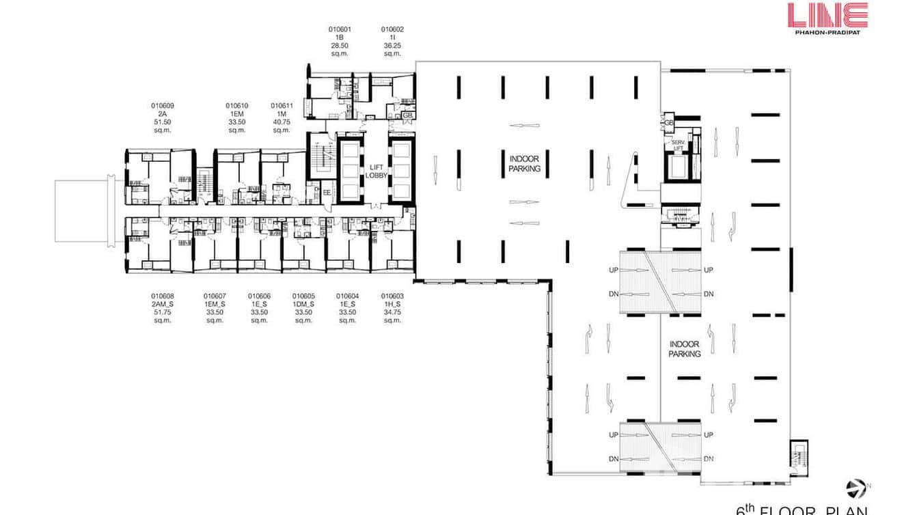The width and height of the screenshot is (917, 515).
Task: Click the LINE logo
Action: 827,15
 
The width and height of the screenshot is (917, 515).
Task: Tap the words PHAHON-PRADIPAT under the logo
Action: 827,32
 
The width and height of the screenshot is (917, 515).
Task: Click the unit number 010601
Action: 340,29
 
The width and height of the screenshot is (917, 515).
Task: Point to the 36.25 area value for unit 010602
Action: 392,45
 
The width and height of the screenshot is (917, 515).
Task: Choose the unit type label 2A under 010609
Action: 162,113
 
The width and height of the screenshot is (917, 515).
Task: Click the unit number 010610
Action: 237,106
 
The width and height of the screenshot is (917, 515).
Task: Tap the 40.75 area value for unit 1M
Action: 282,122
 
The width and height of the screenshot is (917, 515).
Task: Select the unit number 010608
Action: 162,296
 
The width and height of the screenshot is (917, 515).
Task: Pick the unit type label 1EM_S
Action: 215,304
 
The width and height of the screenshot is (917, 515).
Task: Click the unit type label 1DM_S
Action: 303,304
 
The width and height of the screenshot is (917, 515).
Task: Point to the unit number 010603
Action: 392,296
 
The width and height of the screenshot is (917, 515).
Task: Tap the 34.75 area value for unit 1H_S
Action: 392,312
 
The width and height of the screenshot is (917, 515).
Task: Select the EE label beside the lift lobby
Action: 327,193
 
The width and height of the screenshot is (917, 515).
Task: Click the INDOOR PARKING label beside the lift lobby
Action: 525,163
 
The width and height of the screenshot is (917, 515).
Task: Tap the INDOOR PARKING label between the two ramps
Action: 685,349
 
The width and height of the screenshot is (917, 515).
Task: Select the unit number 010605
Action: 303,296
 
